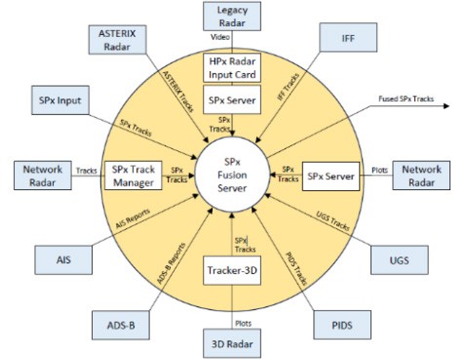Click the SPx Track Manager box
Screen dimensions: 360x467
[133, 176]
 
